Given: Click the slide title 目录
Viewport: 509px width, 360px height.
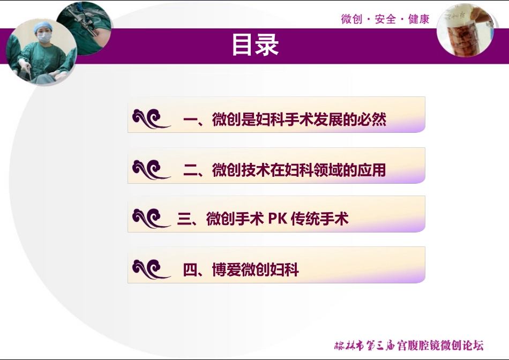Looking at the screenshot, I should [255, 46].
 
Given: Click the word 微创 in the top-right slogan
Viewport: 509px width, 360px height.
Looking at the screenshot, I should [351, 19].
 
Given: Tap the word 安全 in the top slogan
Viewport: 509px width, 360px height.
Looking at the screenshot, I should [386, 19].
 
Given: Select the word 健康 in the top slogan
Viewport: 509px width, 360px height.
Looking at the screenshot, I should [419, 19].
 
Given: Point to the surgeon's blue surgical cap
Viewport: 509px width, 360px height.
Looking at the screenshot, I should [41, 26].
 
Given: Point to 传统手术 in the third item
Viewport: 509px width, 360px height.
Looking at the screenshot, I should [320, 219].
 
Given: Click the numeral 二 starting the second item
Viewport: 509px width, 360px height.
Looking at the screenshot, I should [190, 170].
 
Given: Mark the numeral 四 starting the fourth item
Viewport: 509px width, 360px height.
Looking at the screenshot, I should [190, 269].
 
